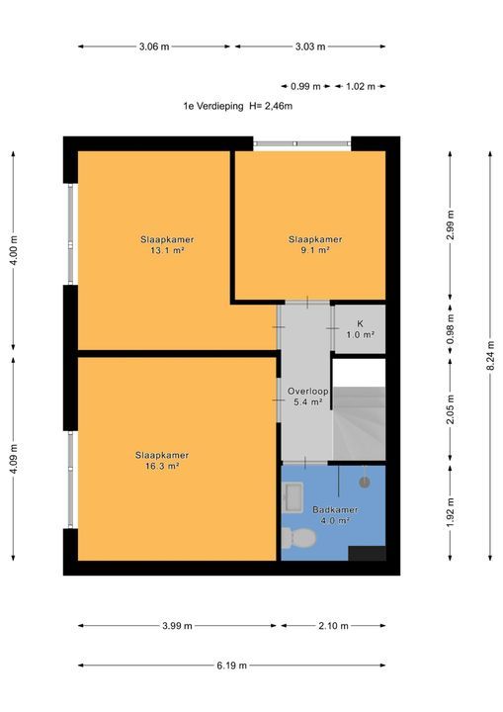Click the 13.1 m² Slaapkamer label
tap(166, 245)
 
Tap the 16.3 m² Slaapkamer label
tap(162, 461)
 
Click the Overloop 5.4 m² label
tap(307, 397)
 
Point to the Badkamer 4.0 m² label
tap(335, 515)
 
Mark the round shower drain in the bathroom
tap(365, 483)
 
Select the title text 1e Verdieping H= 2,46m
tap(237, 106)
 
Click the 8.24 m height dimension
tap(490, 356)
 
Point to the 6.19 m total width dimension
tap(232, 666)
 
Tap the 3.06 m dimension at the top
tap(154, 46)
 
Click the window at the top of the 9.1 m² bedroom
tap(302, 144)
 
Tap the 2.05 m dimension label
tap(451, 409)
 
